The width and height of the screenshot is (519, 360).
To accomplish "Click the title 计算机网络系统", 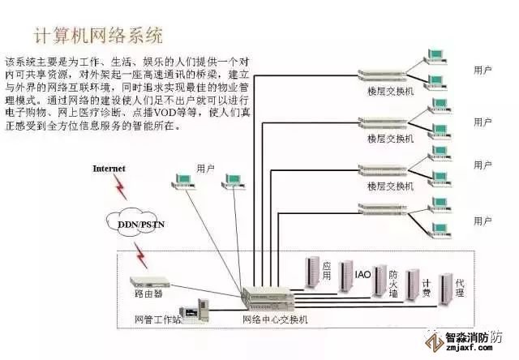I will click(97, 36).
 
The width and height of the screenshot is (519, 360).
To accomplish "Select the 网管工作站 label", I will click(158, 320).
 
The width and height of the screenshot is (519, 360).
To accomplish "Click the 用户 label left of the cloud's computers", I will click(205, 168).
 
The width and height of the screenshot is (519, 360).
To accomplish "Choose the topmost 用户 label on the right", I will click(482, 71).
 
